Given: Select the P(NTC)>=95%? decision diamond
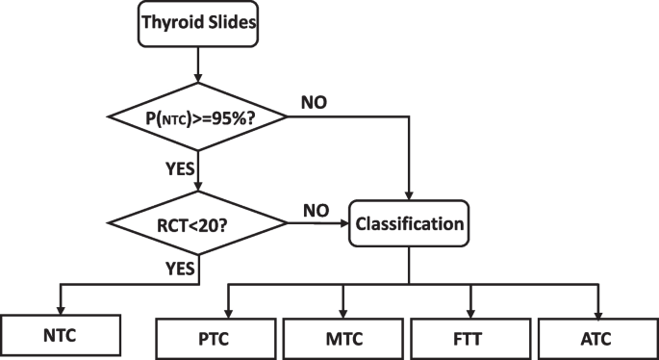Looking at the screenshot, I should point(197,117).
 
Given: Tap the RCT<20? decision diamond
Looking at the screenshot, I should point(197,223).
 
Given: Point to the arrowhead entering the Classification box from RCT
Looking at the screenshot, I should point(347,223).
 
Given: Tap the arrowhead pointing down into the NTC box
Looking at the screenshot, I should point(62,309).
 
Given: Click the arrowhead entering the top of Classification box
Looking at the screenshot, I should point(411,194).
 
